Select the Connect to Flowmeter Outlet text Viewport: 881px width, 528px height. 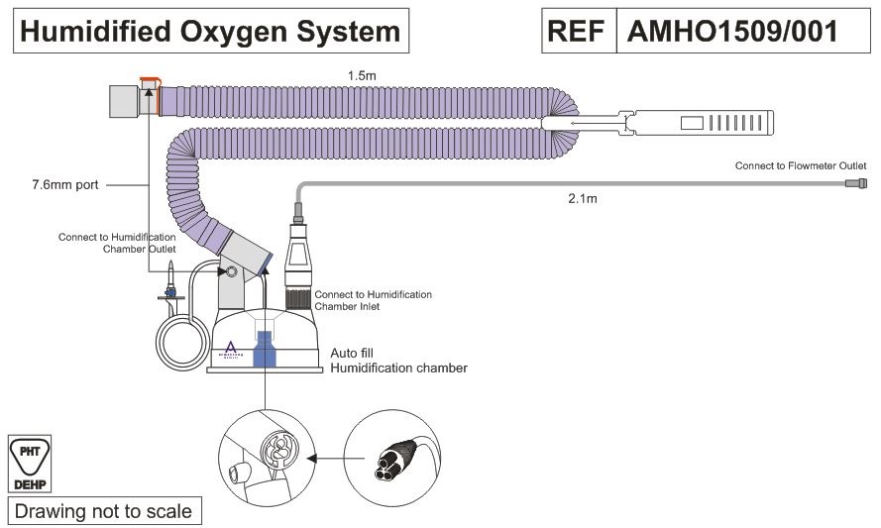coord(801,165)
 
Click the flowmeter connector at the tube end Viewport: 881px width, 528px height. coord(856,183)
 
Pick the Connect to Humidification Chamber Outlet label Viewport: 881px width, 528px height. coord(117,244)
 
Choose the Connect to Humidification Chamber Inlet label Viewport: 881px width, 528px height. coord(373,300)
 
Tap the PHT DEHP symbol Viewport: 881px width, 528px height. coord(30,464)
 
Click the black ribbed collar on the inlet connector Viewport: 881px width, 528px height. coord(298,297)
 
